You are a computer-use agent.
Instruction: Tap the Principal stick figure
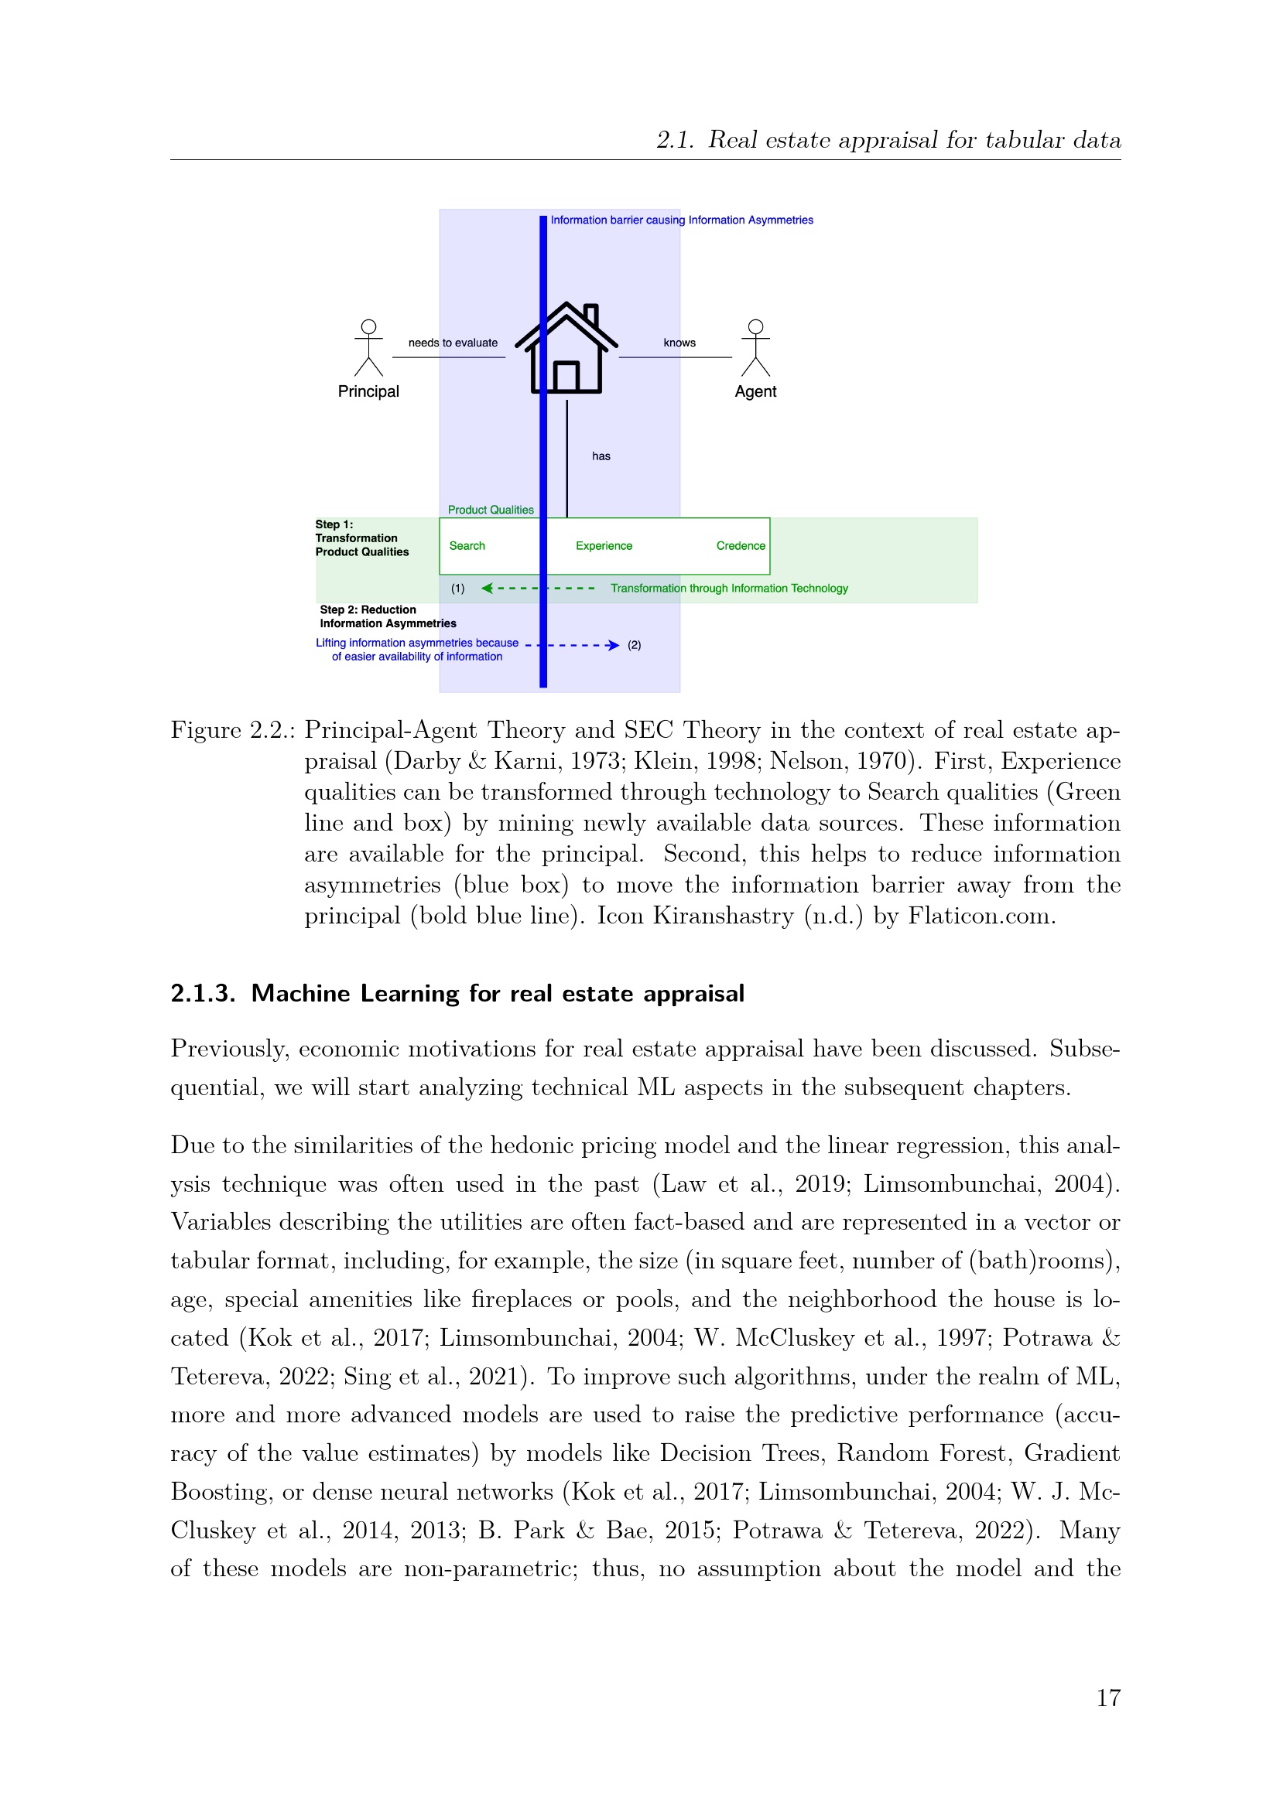tap(368, 347)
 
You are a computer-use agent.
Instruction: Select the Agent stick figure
tap(755, 347)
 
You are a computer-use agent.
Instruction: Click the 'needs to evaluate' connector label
tap(453, 343)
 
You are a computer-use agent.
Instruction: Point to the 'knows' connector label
tap(679, 343)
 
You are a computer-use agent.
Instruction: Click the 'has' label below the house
tap(601, 456)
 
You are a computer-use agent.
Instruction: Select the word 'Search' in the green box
tap(467, 546)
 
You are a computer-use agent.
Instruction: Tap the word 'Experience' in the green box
tap(604, 546)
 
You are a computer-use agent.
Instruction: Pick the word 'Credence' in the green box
tap(740, 546)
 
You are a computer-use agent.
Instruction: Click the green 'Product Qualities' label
tap(490, 510)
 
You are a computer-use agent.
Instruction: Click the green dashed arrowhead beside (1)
tap(487, 588)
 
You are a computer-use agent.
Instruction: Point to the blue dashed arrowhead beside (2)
tap(613, 645)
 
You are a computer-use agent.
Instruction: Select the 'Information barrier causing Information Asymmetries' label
tap(682, 220)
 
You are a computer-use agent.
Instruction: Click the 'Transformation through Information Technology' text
tap(729, 589)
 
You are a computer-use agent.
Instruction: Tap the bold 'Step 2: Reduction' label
tap(368, 609)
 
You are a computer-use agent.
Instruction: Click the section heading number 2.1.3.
tap(203, 994)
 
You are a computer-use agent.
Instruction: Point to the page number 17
tap(1108, 1698)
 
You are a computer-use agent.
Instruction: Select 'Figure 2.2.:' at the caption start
tap(232, 730)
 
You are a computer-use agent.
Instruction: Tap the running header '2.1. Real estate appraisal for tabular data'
tap(888, 140)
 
